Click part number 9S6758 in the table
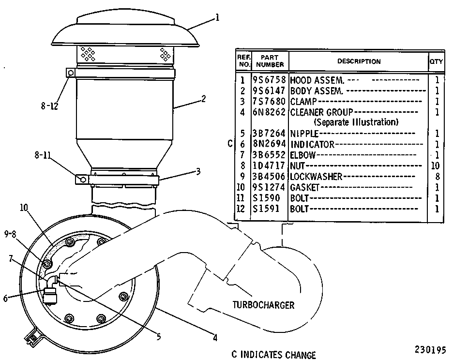tap(269, 80)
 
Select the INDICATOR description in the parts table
tap(312, 144)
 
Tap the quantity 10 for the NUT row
tap(436, 165)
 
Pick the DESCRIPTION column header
tap(359, 61)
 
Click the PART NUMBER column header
tap(270, 61)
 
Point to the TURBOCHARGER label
tap(263, 305)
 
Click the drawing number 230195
tap(430, 350)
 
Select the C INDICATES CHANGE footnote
tap(273, 355)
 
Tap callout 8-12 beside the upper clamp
tap(49, 106)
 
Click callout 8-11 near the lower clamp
tap(43, 155)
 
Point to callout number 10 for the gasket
tap(24, 208)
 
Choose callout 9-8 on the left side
tap(10, 234)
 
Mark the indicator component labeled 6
tap(50, 295)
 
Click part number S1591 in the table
tap(266, 209)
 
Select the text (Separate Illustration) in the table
tap(356, 122)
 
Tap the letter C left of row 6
tap(230, 144)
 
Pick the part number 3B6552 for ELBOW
tap(269, 155)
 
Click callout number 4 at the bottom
tap(215, 338)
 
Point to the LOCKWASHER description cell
tap(316, 177)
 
